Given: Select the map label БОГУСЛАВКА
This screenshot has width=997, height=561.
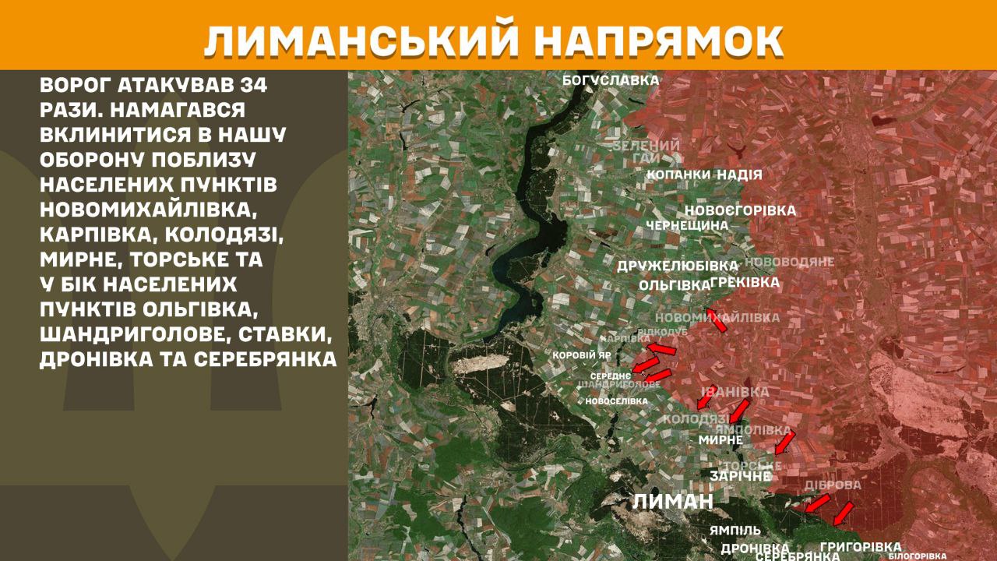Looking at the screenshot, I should point(611,80).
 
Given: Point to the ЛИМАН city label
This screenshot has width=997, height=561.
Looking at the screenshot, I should point(673,502).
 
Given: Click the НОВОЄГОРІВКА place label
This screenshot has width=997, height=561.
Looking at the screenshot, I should point(740,210).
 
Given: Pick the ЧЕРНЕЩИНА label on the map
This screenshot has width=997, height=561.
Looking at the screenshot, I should point(687,225).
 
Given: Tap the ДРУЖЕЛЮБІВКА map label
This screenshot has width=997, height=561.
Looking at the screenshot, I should point(678,266).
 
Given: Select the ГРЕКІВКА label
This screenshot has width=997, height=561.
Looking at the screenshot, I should point(745,283).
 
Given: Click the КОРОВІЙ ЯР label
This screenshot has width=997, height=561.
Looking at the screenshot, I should point(581,355).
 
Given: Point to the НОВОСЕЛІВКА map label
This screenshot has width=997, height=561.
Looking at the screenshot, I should point(616,400).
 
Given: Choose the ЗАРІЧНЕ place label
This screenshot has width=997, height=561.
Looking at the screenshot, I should point(741,475).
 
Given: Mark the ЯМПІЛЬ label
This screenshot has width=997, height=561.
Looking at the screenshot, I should point(735,530).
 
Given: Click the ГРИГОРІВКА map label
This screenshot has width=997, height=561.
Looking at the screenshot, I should point(860,547).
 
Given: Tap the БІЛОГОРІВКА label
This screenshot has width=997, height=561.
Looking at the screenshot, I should point(918,556).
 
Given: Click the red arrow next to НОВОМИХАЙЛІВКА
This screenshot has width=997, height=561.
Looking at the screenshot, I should point(716,320).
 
